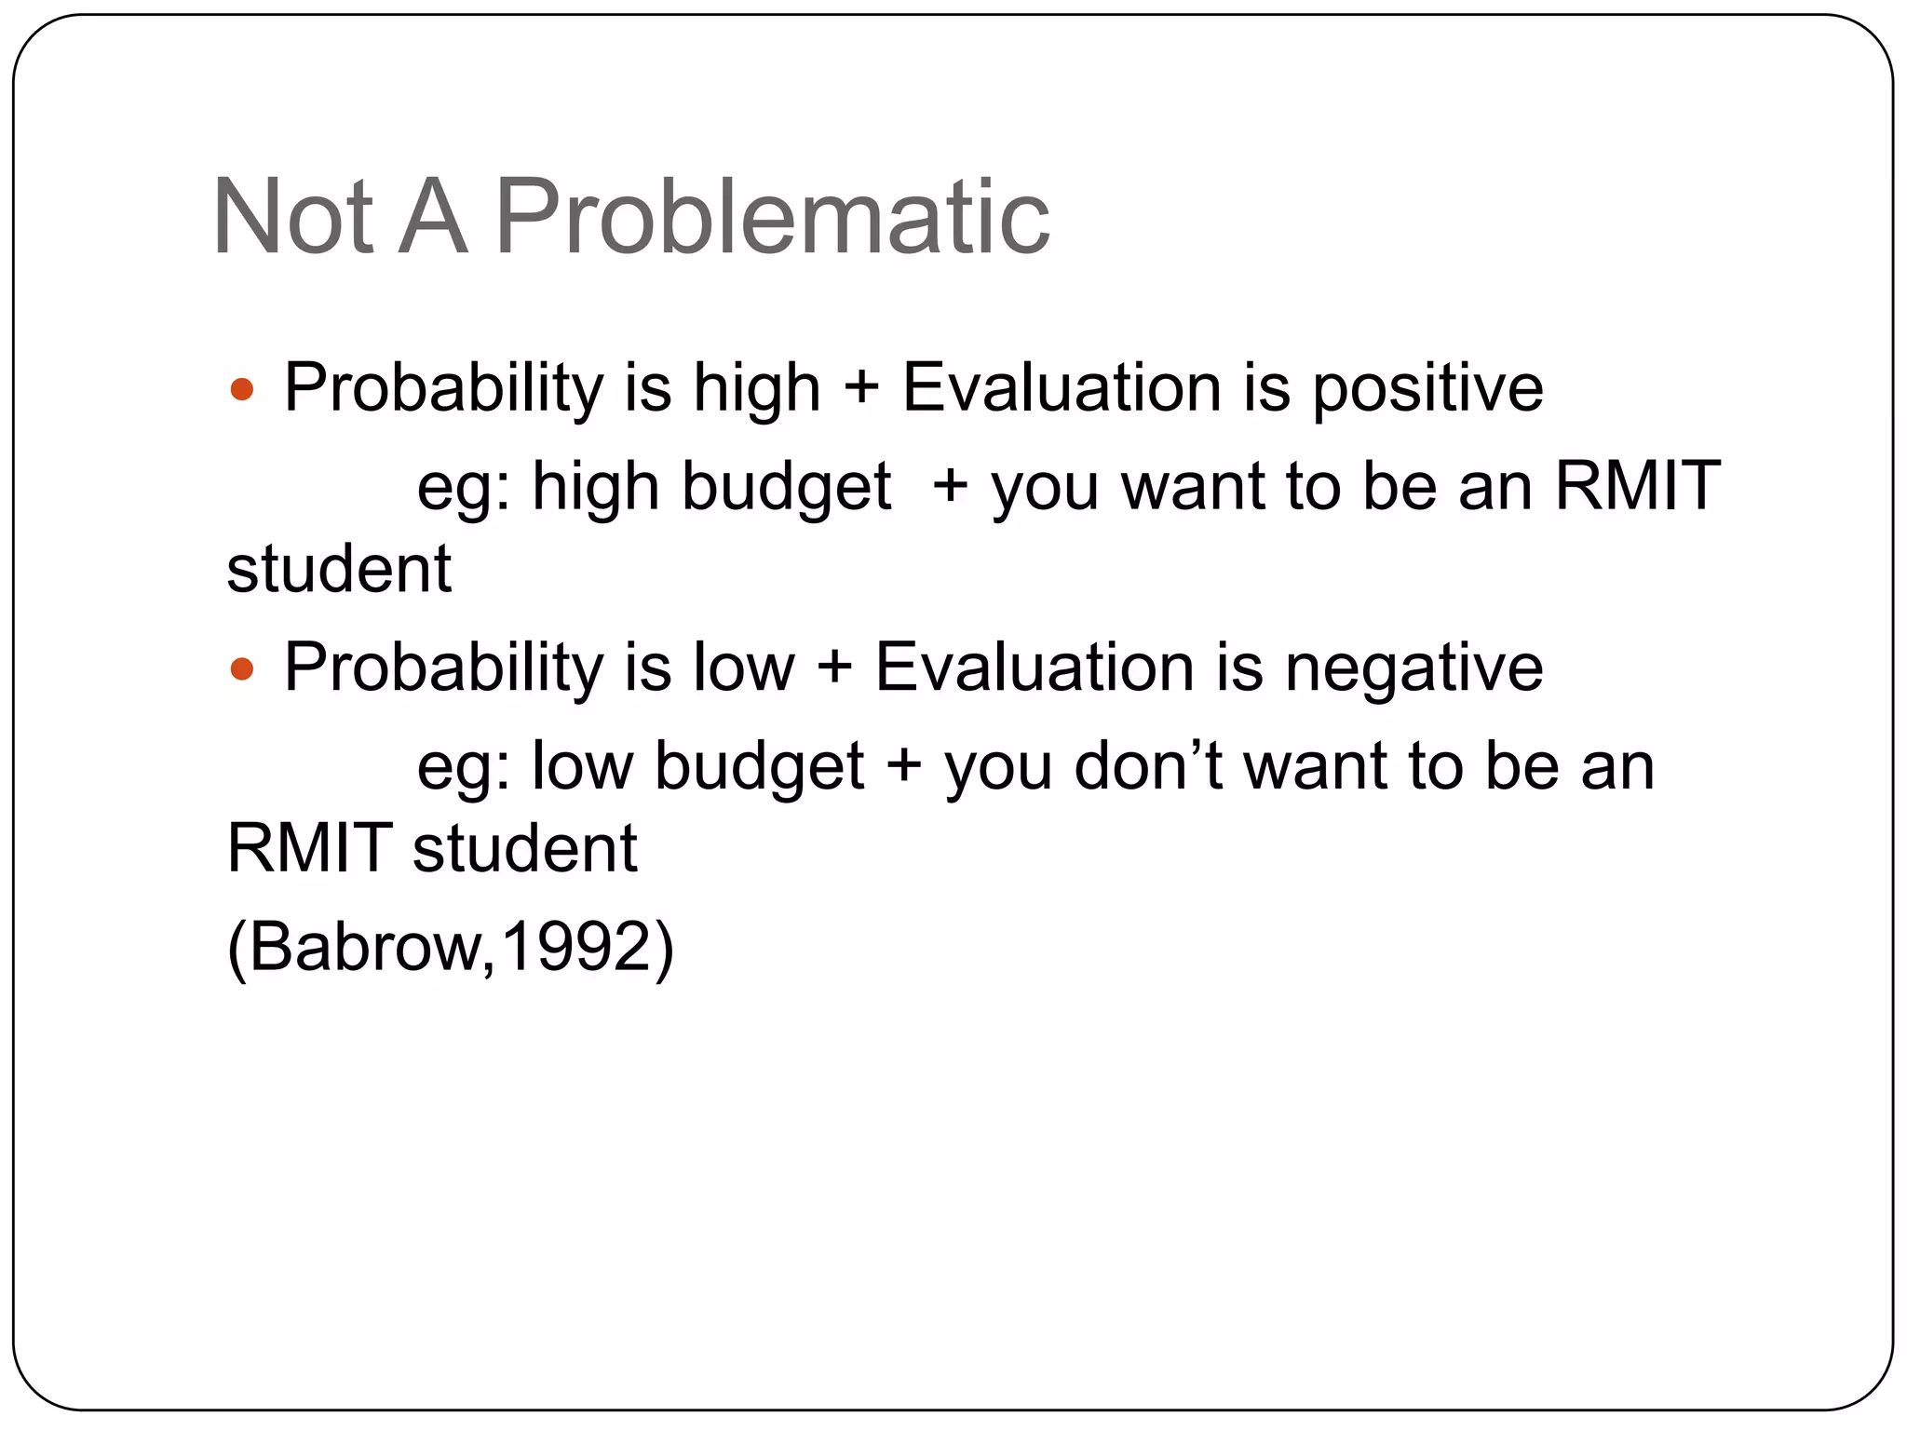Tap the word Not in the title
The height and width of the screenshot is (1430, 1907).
(292, 218)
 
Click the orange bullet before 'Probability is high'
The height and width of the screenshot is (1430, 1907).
(242, 389)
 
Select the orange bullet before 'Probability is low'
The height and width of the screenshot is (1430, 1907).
(242, 668)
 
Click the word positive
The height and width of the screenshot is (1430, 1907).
(1427, 389)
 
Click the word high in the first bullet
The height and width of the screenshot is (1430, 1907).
(756, 389)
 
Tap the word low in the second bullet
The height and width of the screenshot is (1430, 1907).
(743, 668)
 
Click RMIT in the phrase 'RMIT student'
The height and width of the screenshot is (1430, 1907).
(310, 849)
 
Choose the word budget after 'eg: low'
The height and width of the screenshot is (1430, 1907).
(759, 768)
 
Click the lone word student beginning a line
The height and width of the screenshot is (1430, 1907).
(339, 570)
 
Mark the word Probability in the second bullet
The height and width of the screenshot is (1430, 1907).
(444, 668)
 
